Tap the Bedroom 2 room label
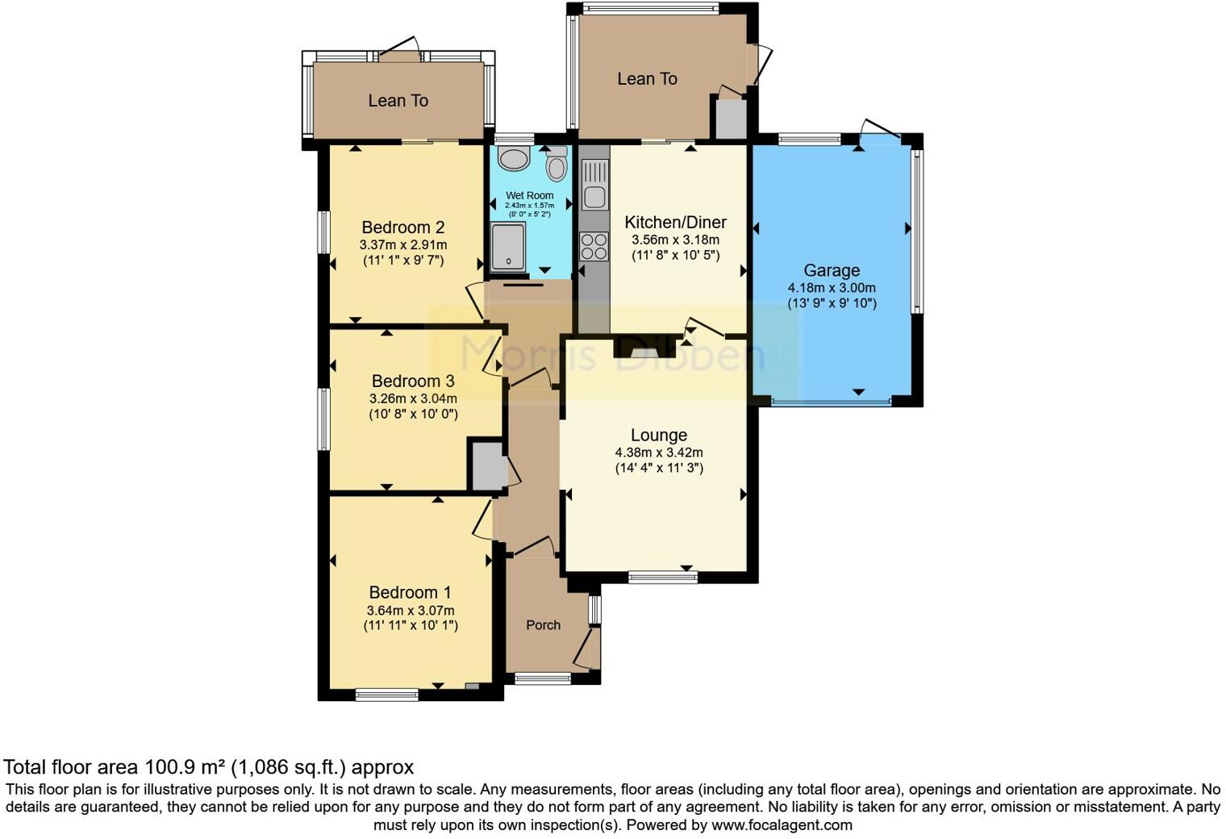[402, 227]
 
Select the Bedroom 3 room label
[413, 381]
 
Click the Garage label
[832, 270]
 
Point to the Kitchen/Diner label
[675, 222]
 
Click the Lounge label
[659, 436]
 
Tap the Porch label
[543, 624]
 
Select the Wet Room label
[530, 195]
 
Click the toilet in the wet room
[557, 166]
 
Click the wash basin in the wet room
[513, 158]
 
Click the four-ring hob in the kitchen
[594, 246]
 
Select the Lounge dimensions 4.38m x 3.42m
[659, 453]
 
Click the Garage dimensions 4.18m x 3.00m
[832, 288]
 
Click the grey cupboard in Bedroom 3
[486, 465]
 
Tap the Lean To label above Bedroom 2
[398, 101]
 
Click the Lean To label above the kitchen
[647, 79]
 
